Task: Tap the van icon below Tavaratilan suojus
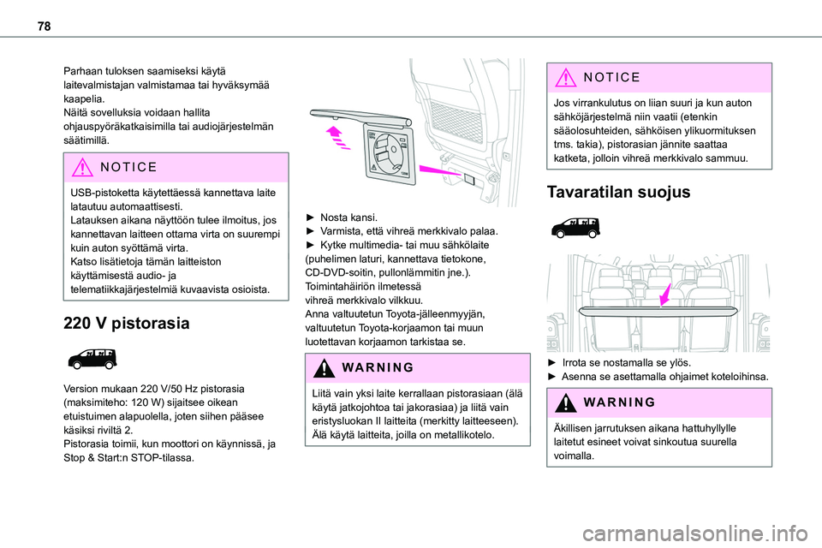pyautogui.click(x=575, y=228)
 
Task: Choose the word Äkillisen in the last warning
pyautogui.click(x=573, y=426)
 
